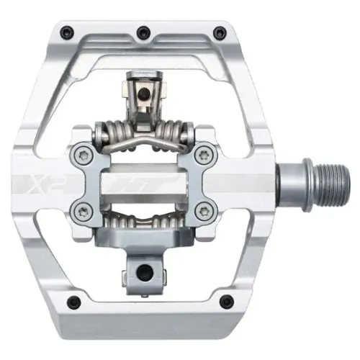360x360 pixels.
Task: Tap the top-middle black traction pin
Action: (x=142, y=30)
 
